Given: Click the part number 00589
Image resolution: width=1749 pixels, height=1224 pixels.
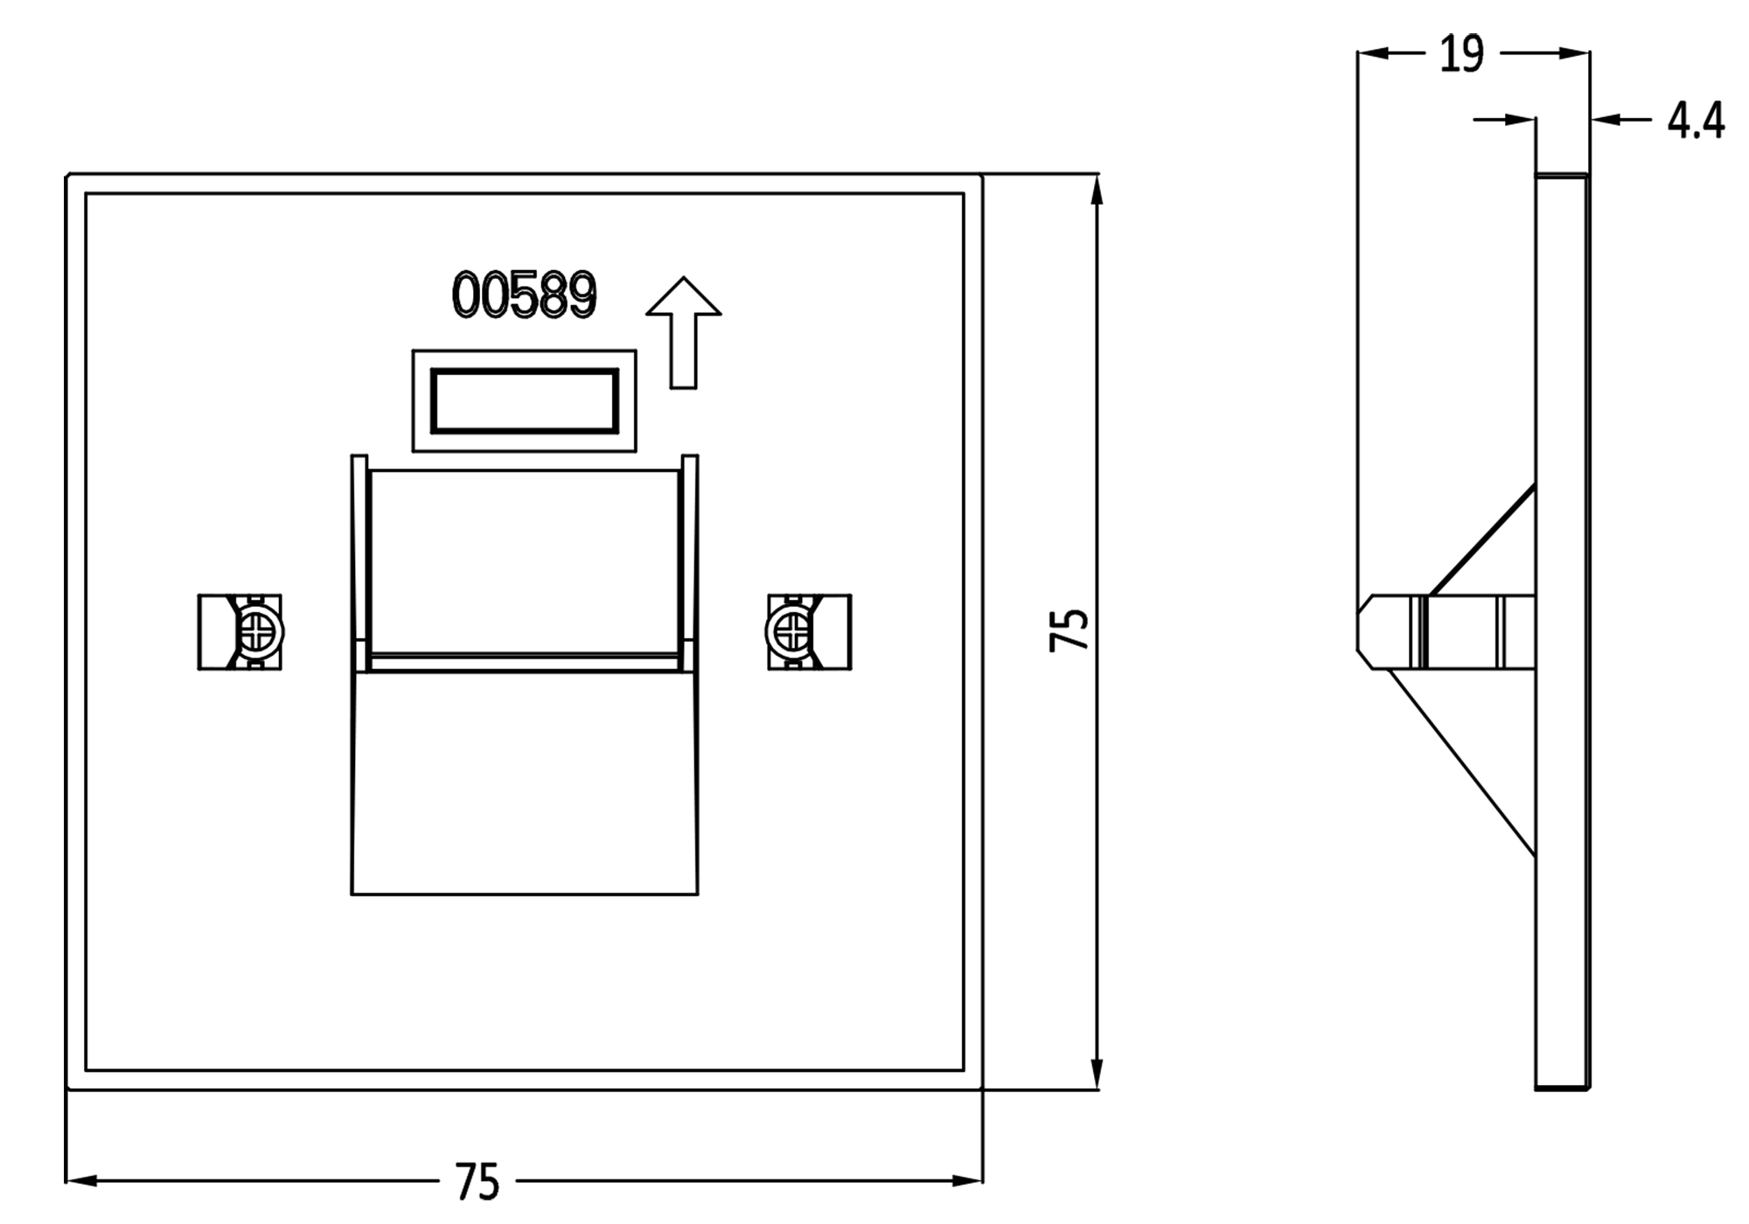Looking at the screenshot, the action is (524, 295).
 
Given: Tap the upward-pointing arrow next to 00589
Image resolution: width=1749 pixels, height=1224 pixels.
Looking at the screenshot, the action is (684, 332).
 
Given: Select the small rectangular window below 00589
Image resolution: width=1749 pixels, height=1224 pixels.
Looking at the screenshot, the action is (525, 400).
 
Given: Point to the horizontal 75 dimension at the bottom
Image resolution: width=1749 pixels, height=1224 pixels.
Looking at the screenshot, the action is (477, 1182).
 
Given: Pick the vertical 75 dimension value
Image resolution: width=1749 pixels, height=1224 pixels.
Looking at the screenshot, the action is (1069, 629).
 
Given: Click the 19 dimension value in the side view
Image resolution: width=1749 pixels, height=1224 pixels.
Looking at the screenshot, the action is (1461, 54).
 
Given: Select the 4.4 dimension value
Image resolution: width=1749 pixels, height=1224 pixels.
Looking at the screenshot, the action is (1696, 121).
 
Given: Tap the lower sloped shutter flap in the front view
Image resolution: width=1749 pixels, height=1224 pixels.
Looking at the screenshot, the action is (525, 783).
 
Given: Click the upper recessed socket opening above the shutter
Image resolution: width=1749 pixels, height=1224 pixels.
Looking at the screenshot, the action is (525, 561).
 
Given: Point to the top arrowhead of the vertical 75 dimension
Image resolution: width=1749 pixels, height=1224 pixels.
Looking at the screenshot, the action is (1097, 189).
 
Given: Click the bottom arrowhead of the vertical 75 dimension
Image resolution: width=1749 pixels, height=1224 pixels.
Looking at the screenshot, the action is (1097, 1074).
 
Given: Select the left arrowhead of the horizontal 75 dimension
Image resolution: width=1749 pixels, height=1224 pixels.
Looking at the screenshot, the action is (81, 1180).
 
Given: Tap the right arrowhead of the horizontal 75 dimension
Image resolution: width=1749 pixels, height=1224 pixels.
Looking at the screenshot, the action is (967, 1180).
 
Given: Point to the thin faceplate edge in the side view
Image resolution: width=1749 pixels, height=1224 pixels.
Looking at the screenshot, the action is (1562, 631).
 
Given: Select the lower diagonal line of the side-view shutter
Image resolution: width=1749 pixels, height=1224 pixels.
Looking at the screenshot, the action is (1462, 762).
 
